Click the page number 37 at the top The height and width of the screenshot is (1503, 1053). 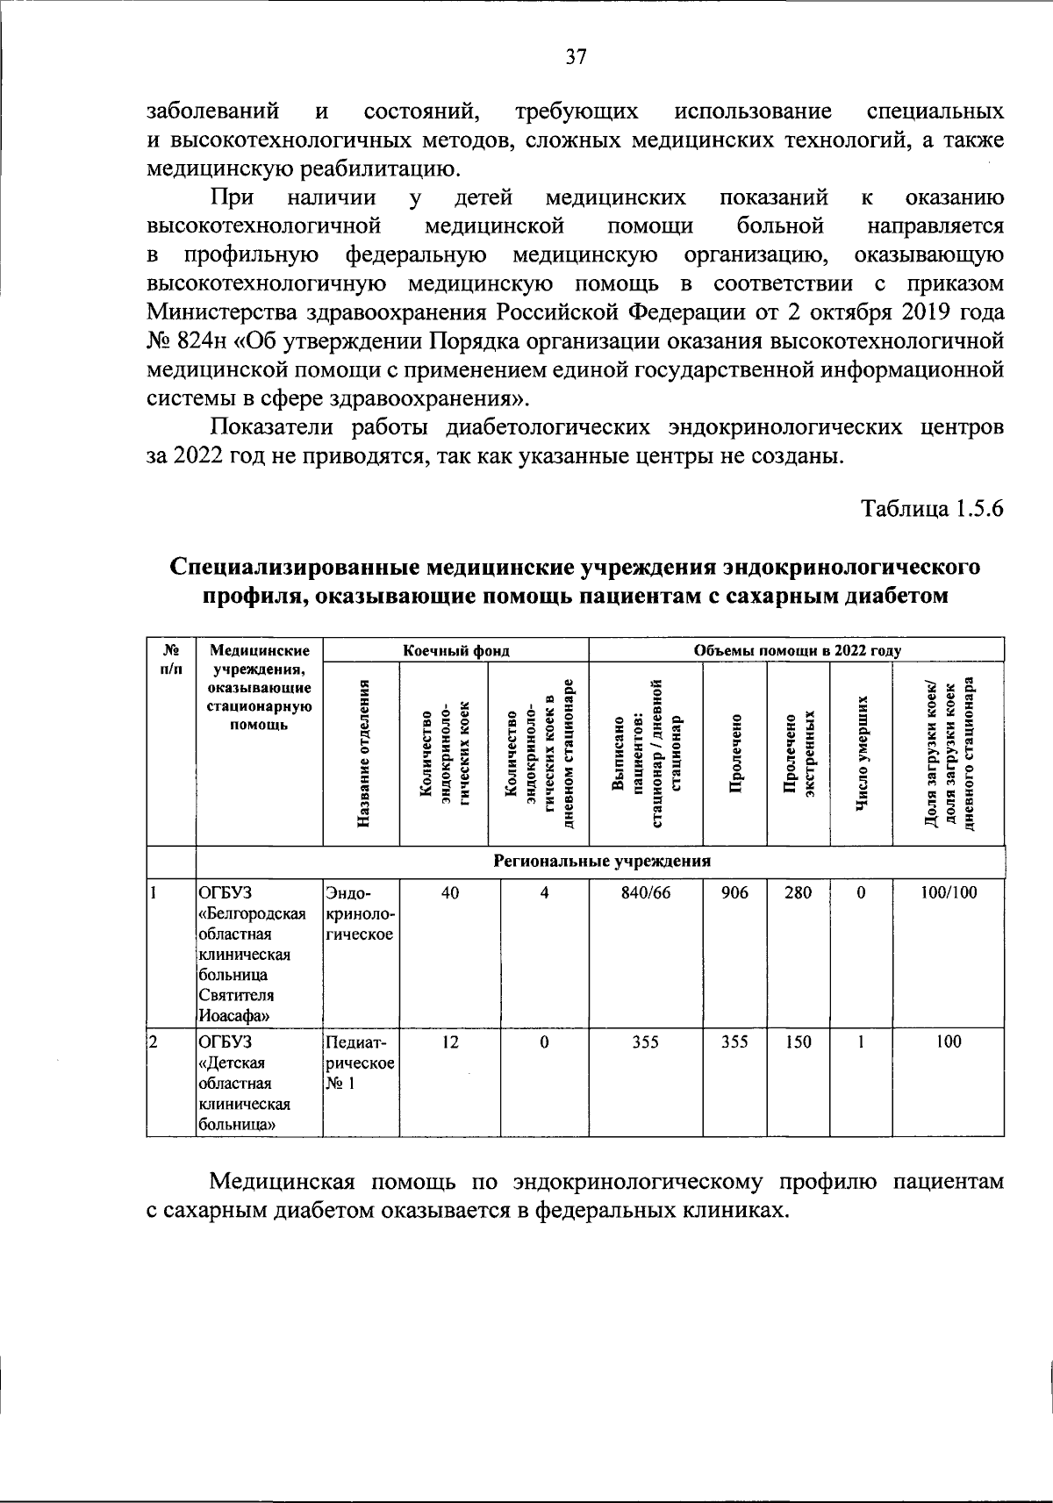576,58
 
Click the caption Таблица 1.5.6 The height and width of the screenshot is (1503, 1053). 932,510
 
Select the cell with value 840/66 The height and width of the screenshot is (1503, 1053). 645,892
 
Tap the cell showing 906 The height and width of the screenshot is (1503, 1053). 734,892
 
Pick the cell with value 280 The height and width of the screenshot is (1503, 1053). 798,892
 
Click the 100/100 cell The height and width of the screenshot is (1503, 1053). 949,892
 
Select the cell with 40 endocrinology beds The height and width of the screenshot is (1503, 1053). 449,892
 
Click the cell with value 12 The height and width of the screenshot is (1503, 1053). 449,1041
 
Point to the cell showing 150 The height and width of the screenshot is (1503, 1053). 798,1041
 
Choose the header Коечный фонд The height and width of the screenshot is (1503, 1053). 455,651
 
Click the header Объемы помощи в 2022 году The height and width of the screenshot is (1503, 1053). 797,651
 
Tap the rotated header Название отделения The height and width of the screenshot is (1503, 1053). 362,753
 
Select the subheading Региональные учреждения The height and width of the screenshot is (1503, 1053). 601,861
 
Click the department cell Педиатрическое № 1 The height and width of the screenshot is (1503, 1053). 360,1063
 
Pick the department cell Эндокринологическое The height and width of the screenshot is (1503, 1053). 360,913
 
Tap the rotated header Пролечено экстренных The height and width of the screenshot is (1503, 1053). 798,753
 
